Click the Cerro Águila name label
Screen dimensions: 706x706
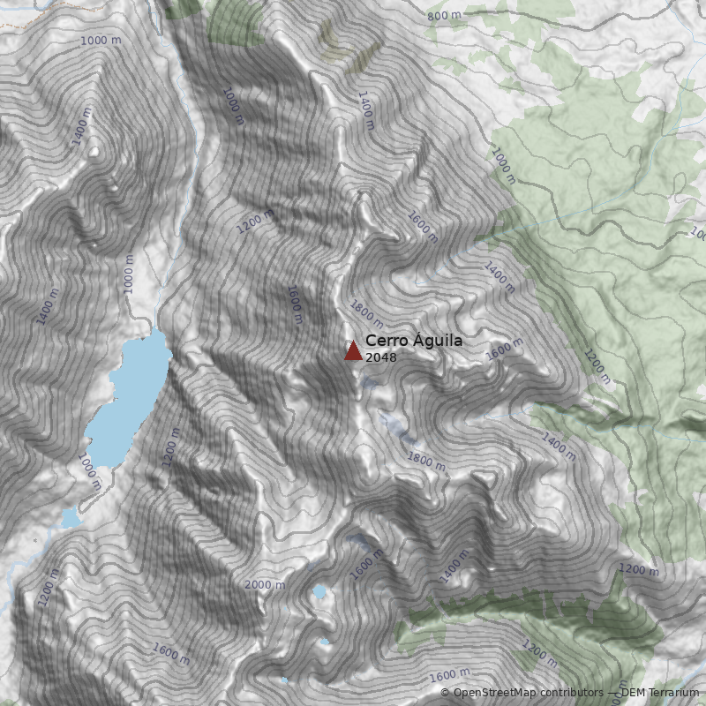pos(413,341)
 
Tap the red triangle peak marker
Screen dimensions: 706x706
pos(353,351)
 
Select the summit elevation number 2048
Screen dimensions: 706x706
pos(380,357)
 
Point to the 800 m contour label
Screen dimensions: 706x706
pos(444,16)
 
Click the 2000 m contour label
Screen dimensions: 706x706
pos(264,585)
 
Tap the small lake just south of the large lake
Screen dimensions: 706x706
pos(71,519)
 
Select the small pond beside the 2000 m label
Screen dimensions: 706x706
pos(319,591)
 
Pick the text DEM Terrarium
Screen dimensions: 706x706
pos(661,693)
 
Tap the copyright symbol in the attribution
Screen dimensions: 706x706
pos(445,693)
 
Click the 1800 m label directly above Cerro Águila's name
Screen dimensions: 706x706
pos(366,312)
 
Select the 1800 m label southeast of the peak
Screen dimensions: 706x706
pos(426,460)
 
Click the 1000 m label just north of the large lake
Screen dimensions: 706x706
pos(130,274)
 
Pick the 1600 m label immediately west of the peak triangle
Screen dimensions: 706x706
pos(295,304)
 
